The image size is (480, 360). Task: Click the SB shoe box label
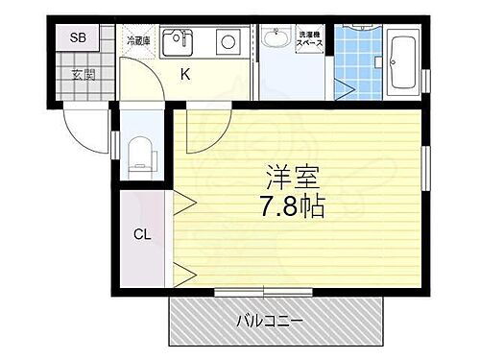(x=79, y=38)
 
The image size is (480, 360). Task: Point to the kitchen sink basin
(x=178, y=43)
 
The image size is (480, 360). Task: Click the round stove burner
(x=228, y=42)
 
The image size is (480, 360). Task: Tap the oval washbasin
(x=276, y=40)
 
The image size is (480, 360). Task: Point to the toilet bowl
(x=140, y=154)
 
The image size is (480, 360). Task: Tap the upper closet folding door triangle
(x=185, y=203)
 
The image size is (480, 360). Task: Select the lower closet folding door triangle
(x=185, y=272)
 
